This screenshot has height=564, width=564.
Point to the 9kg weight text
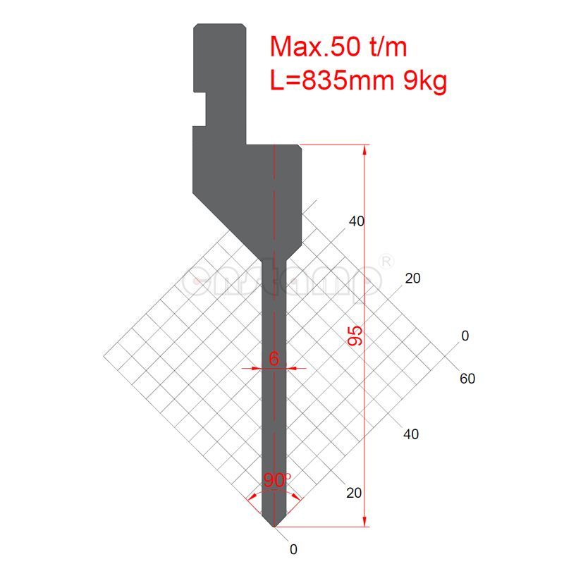tap(424, 82)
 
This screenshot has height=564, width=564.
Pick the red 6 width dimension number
tap(274, 359)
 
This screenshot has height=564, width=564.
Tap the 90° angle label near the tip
tap(277, 480)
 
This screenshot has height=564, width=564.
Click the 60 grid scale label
tap(467, 379)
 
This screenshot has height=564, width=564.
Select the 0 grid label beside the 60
tap(465, 336)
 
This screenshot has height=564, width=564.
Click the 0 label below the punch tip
tap(293, 548)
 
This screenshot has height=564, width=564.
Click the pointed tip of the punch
tap(274, 526)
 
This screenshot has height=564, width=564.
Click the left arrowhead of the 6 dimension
tap(257, 367)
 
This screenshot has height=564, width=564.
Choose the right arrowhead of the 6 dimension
tap(290, 367)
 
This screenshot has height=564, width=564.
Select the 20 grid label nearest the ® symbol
tap(412, 278)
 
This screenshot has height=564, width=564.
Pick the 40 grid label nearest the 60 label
tap(410, 434)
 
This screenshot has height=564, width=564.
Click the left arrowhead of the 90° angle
tap(251, 498)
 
